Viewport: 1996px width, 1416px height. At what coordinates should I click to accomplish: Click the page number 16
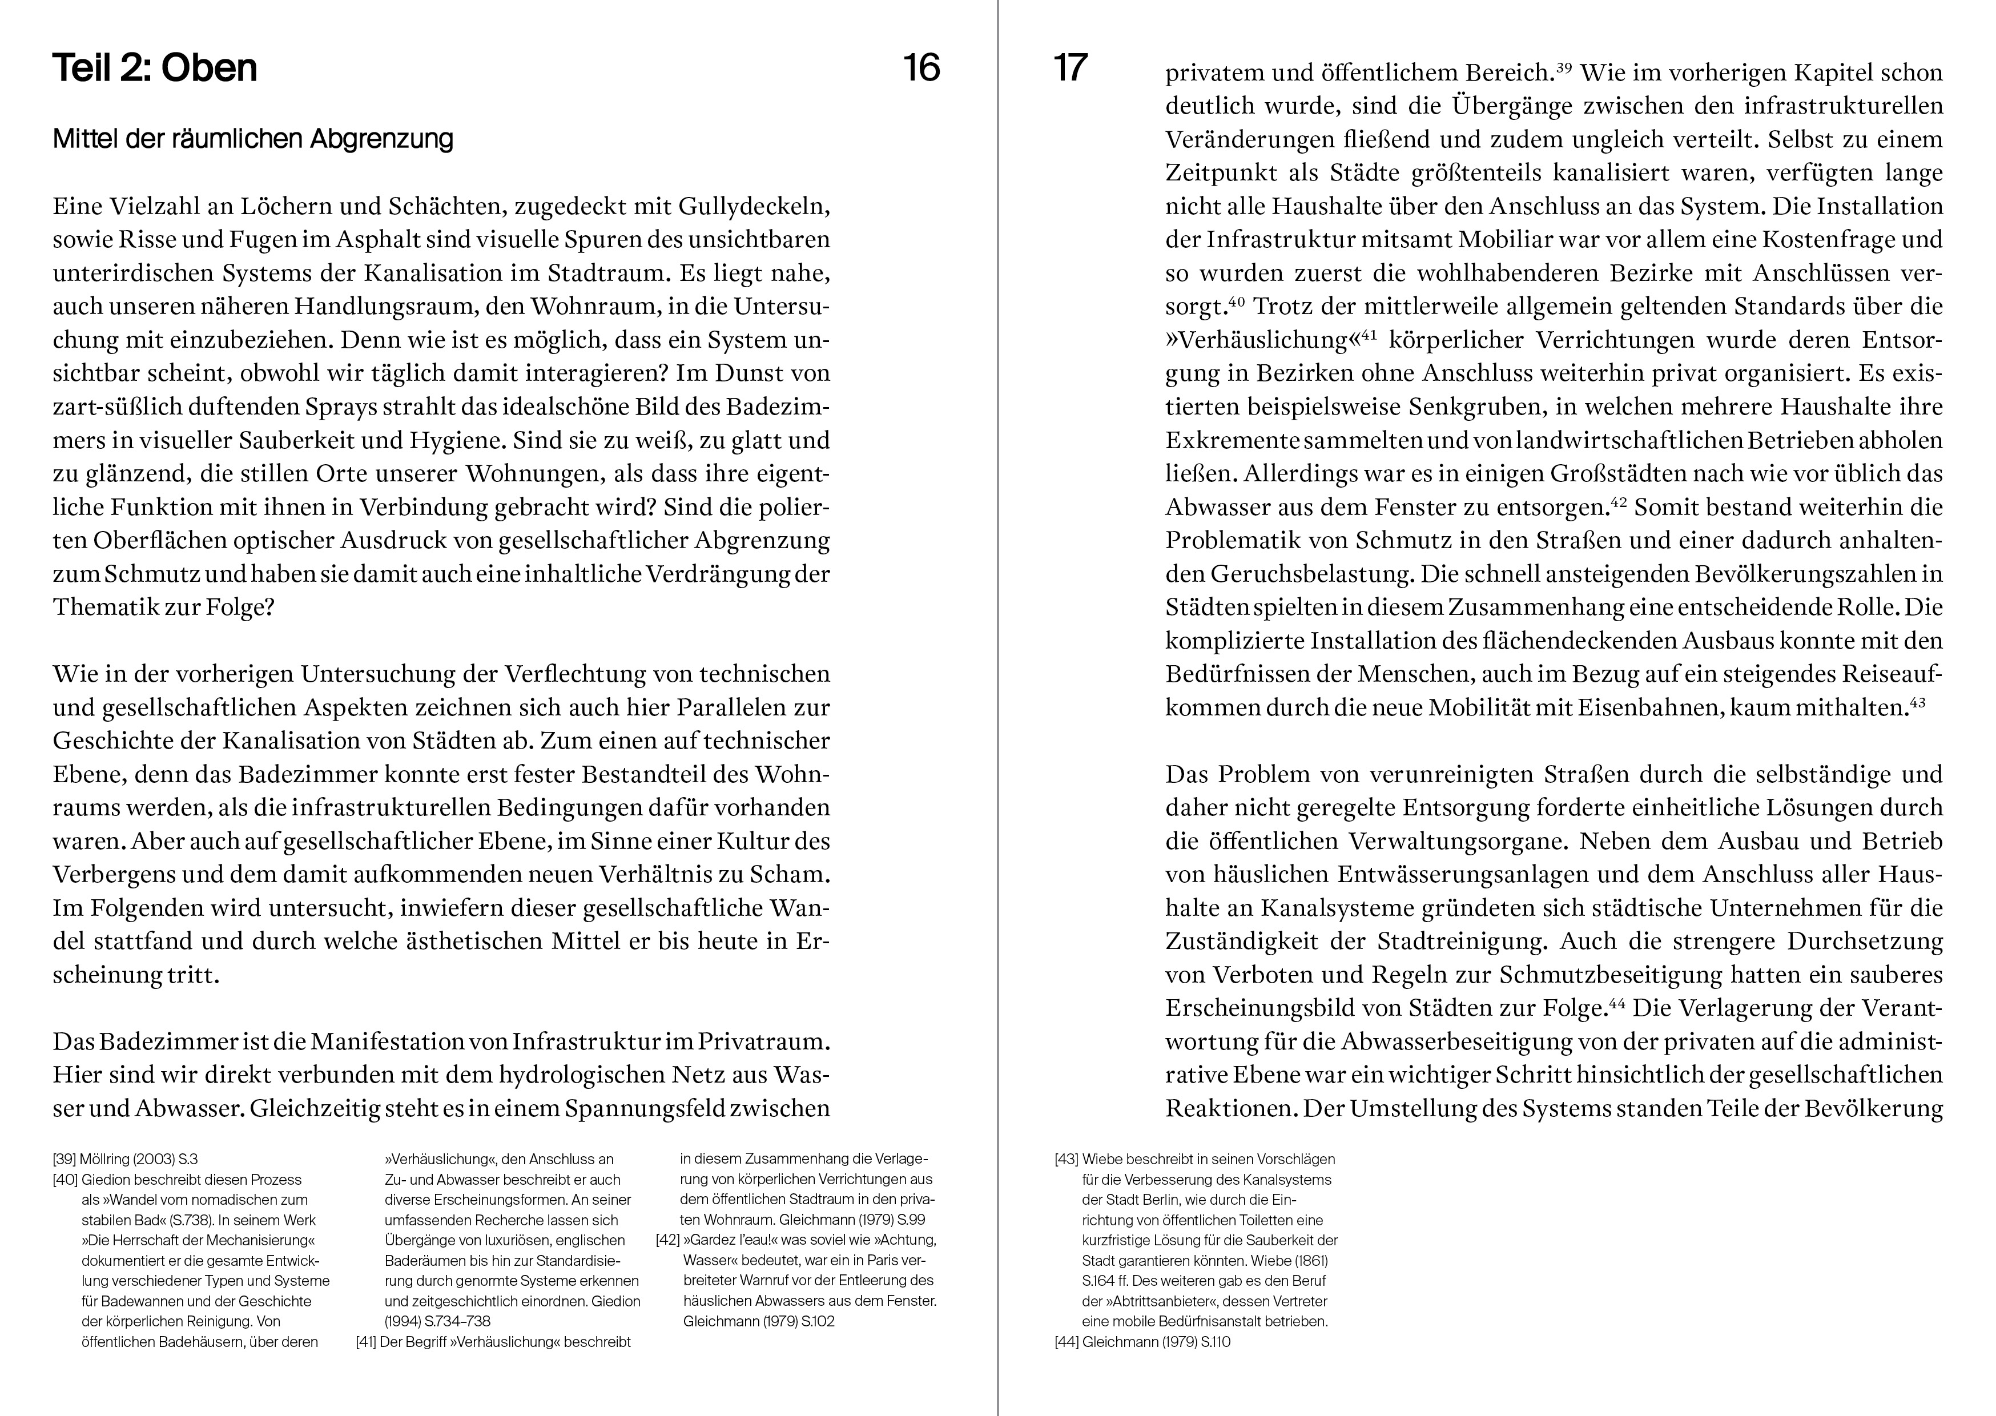click(x=921, y=68)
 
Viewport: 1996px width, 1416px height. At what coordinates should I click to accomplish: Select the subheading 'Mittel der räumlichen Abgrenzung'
click(x=253, y=139)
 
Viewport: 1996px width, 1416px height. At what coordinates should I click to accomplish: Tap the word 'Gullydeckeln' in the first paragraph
click(x=752, y=207)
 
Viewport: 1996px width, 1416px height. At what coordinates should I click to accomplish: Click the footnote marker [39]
click(x=65, y=1160)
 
